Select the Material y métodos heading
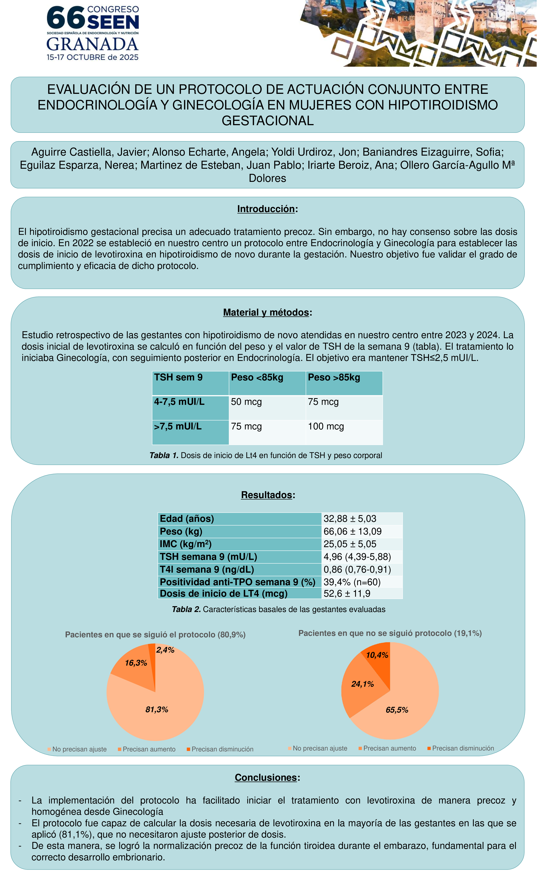click(267, 312)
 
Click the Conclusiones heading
click(267, 777)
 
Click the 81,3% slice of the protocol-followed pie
click(157, 710)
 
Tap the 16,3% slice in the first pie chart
click(136, 663)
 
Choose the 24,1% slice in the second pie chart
click(362, 684)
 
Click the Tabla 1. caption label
click(164, 455)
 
